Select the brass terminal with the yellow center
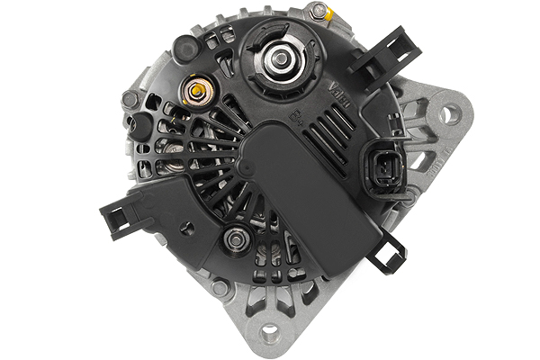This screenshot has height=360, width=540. (196, 91)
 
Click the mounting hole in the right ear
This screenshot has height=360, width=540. (449, 113)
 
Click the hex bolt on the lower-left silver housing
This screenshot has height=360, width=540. (220, 289)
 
